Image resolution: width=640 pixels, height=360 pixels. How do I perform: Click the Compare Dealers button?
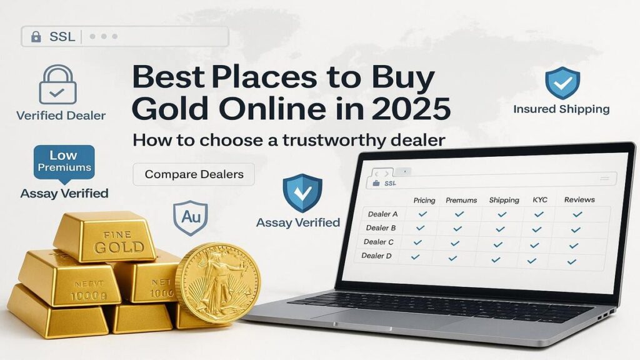[194, 174]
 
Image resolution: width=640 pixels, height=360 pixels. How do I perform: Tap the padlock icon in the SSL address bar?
[36, 37]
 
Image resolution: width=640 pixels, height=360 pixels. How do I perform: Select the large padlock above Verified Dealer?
[57, 84]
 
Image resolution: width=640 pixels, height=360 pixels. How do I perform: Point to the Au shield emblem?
[190, 217]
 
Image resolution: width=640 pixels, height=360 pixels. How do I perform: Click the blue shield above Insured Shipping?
[562, 83]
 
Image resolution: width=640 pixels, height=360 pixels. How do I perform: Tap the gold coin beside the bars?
[217, 283]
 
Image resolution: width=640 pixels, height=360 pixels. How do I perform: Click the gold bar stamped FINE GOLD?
[105, 236]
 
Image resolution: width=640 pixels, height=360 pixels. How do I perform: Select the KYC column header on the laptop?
[539, 199]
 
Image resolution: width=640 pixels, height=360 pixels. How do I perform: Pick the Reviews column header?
[579, 199]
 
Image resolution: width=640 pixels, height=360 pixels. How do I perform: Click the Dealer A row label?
[382, 214]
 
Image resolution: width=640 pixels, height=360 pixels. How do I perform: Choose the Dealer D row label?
[376, 256]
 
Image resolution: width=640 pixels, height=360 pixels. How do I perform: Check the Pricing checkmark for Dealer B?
[420, 228]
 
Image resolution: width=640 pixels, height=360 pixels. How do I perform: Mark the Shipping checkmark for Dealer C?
[497, 244]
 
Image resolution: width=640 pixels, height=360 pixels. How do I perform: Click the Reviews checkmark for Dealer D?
[571, 262]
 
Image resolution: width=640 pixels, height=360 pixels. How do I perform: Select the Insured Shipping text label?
[561, 109]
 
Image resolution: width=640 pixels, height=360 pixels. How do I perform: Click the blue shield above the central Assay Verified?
[302, 192]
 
